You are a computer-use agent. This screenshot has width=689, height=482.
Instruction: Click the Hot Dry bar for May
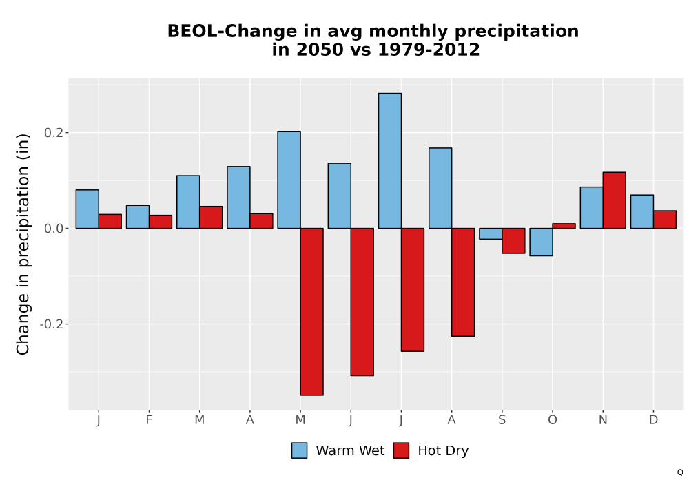[311, 312]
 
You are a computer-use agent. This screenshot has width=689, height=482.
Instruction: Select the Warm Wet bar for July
[390, 160]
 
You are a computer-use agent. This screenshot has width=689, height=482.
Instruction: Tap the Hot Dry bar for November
[615, 200]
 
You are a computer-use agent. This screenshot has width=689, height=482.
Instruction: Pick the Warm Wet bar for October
[541, 242]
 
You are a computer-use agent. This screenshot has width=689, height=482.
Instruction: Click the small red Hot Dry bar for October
[564, 226]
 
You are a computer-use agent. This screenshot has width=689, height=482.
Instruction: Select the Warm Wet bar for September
[491, 233]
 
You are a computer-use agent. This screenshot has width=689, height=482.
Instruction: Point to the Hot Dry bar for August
[463, 282]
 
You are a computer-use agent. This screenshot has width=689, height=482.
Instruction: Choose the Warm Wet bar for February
[138, 217]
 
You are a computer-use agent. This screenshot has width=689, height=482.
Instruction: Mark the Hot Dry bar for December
[665, 220]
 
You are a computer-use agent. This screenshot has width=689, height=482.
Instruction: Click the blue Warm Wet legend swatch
[299, 450]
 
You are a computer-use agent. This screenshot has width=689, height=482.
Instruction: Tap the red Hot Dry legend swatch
[401, 450]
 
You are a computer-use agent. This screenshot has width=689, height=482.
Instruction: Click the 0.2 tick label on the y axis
[54, 133]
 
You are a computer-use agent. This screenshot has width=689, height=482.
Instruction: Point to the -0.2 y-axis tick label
[52, 324]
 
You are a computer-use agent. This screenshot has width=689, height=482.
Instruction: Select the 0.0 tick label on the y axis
[54, 229]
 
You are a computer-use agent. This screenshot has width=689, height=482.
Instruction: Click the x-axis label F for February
[149, 420]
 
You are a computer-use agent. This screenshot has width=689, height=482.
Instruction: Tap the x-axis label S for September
[502, 420]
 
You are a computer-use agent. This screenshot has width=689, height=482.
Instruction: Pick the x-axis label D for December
[653, 420]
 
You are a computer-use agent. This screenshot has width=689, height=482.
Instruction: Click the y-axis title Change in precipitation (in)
[23, 244]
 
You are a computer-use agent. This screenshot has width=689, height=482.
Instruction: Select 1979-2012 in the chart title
[429, 49]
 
